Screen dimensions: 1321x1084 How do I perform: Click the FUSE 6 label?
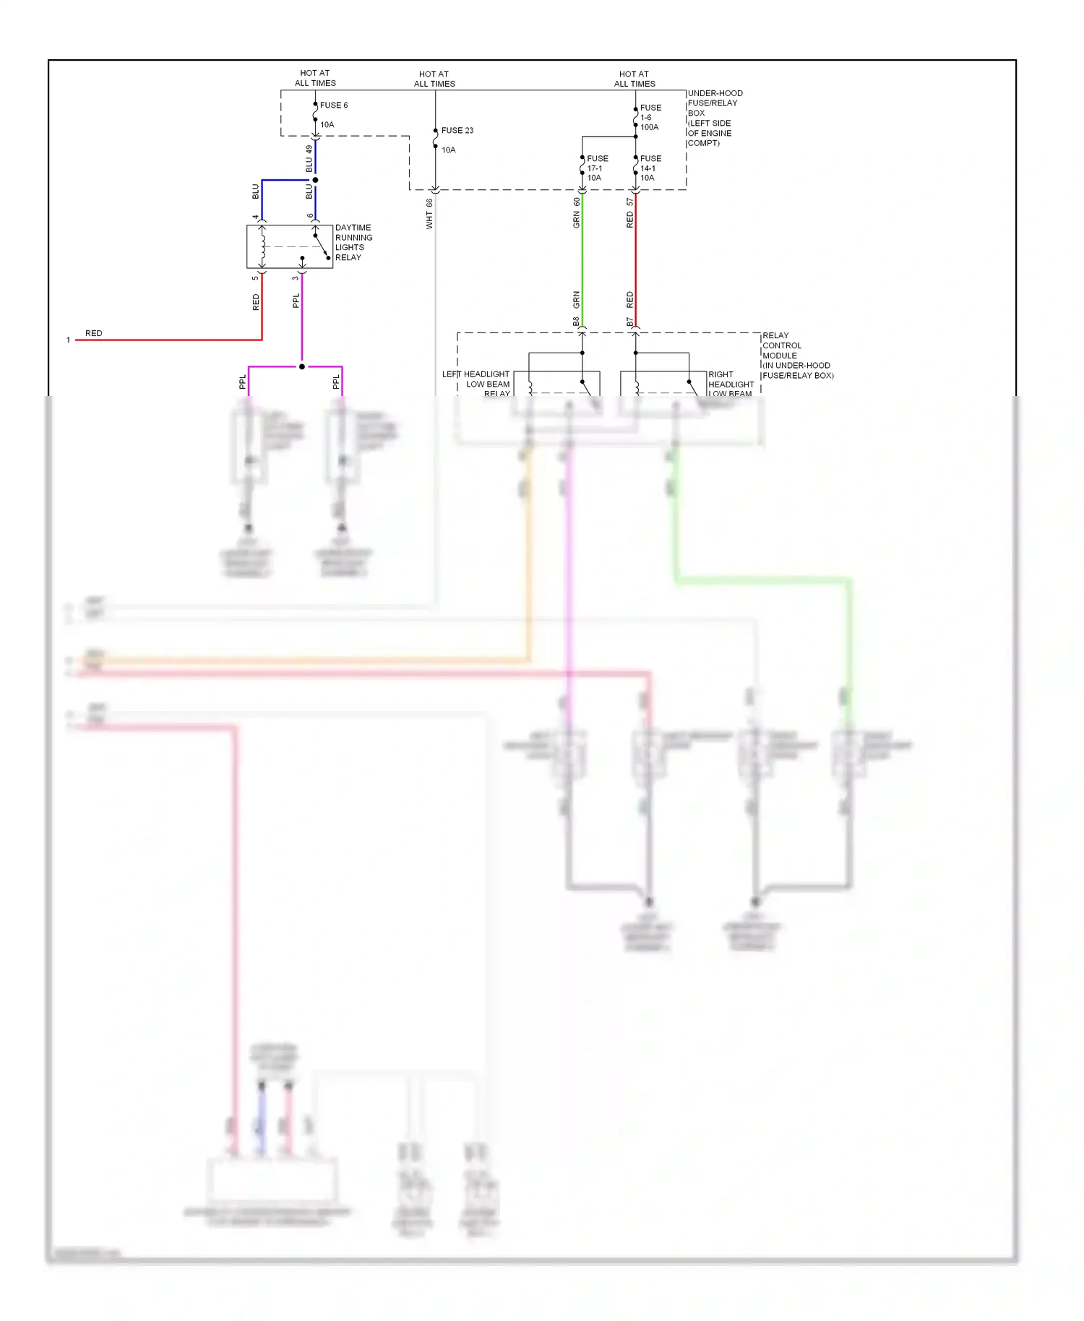(x=333, y=106)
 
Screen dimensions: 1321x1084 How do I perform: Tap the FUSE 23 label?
(x=457, y=131)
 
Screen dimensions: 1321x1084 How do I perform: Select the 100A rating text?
(x=649, y=127)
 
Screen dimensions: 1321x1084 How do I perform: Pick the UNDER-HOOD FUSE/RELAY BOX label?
(x=714, y=118)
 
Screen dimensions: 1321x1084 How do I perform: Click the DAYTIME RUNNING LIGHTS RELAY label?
(x=353, y=242)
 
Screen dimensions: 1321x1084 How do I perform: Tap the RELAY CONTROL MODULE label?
(x=797, y=355)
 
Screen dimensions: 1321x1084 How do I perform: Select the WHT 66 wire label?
(x=429, y=214)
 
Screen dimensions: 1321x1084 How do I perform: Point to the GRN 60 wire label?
(x=577, y=213)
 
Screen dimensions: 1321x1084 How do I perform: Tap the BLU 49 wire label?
(x=309, y=159)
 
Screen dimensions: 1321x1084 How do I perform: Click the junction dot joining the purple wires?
(x=302, y=366)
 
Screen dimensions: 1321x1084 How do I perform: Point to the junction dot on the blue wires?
(x=315, y=180)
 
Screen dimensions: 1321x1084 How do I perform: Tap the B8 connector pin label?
(x=576, y=322)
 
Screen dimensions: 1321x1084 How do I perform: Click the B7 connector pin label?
(x=629, y=322)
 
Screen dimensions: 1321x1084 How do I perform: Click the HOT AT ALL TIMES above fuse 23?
(x=434, y=79)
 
